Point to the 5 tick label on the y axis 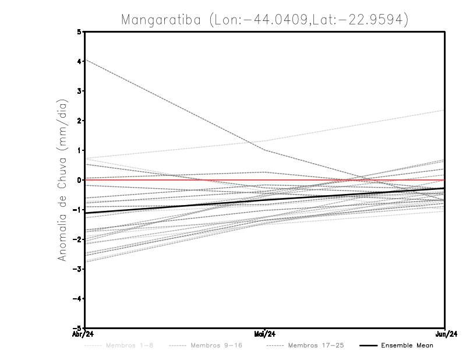pos(79,31)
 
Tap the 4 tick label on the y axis pos(79,61)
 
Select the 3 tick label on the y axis pos(79,91)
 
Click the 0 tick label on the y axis pos(79,180)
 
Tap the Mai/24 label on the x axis pos(265,334)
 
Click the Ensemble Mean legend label pos(407,345)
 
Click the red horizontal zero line pos(349,180)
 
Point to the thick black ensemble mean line pos(175,206)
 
